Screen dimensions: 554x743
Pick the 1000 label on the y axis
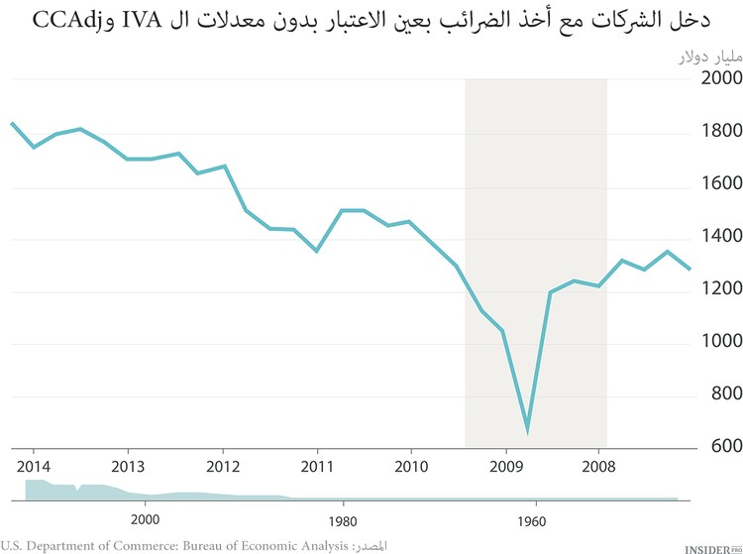(x=696, y=341)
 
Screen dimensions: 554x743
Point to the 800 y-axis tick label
(x=702, y=393)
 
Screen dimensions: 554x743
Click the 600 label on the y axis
(x=702, y=446)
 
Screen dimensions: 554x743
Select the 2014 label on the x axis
(x=34, y=466)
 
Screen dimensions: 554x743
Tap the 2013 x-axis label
(x=128, y=466)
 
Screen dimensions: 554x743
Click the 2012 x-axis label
(x=223, y=466)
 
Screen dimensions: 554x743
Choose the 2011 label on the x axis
(x=317, y=466)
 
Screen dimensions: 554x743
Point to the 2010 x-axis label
(x=411, y=466)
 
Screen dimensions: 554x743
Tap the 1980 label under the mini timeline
(x=343, y=519)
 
